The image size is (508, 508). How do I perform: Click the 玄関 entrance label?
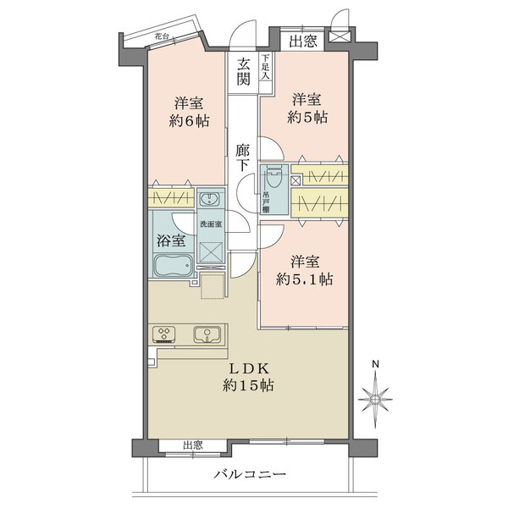(x=243, y=72)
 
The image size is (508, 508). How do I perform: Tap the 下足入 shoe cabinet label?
(x=266, y=67)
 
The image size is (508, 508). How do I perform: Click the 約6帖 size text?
(x=189, y=121)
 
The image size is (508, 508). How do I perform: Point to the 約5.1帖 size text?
(x=304, y=279)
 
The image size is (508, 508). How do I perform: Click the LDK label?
(x=249, y=368)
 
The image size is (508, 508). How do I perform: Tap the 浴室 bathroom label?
(x=171, y=240)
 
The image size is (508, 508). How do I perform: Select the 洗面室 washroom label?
(x=211, y=224)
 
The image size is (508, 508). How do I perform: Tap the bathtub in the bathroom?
(x=174, y=265)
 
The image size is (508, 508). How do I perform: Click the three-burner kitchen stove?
(x=163, y=334)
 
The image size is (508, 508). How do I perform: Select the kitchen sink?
(x=207, y=334)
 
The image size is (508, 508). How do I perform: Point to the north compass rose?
(x=375, y=399)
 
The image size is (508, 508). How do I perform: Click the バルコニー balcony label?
(x=250, y=475)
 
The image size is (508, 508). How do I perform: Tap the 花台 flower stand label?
(x=162, y=36)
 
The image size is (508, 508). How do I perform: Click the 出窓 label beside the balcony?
(x=193, y=445)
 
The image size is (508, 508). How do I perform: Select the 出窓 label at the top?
(x=303, y=41)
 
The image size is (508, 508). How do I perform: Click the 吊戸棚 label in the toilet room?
(x=265, y=202)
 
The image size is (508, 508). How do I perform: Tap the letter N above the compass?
(x=375, y=364)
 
